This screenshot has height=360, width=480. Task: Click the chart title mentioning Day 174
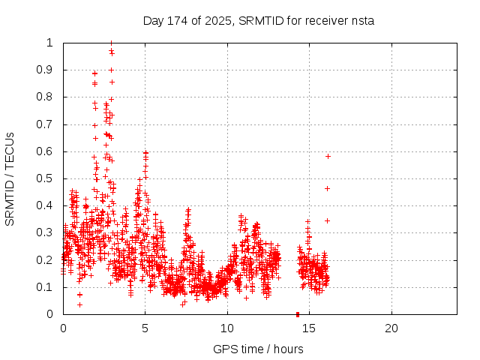click(x=258, y=21)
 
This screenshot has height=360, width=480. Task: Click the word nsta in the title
click(x=362, y=21)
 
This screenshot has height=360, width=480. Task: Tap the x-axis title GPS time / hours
click(x=258, y=349)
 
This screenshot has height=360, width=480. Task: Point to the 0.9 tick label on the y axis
click(x=46, y=70)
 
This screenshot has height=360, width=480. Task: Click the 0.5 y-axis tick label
click(x=46, y=178)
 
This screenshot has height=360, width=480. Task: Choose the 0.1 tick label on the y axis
click(x=46, y=287)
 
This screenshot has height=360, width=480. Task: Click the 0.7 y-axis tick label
click(x=46, y=124)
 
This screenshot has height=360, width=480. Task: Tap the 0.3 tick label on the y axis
click(x=46, y=233)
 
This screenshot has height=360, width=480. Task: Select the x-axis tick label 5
click(x=145, y=328)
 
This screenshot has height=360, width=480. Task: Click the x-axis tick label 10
click(x=227, y=328)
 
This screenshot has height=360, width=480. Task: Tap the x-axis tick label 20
click(x=391, y=328)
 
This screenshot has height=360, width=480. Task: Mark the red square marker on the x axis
click(x=298, y=314)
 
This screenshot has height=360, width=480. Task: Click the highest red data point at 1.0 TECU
click(x=111, y=43)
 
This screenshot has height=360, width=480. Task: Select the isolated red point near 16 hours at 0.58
click(x=328, y=156)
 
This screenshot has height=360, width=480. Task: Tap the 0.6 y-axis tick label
click(x=46, y=151)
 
